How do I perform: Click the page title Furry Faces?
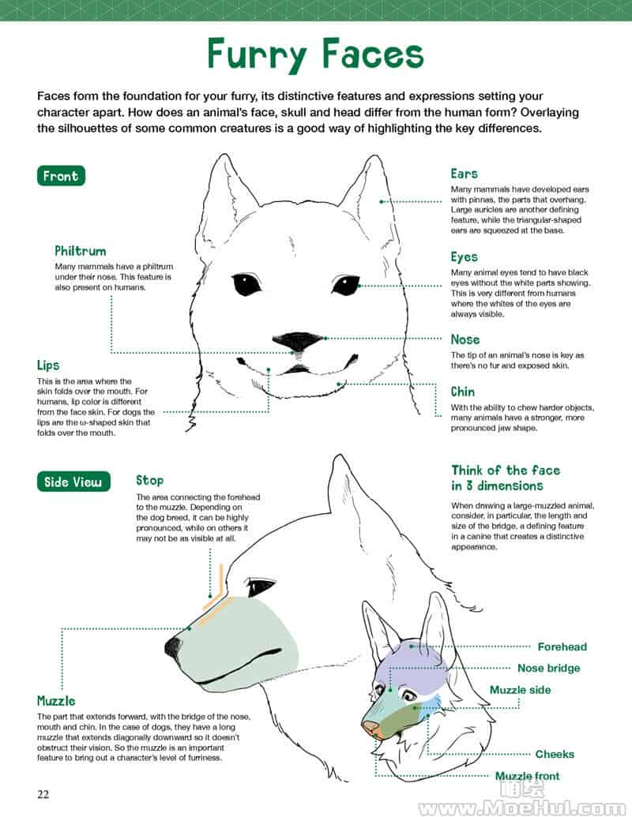(x=315, y=54)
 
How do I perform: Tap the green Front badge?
(x=61, y=176)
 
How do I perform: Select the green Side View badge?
(x=73, y=482)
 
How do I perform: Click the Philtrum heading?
(x=81, y=250)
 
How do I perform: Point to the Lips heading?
(x=48, y=365)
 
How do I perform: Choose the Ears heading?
(x=464, y=174)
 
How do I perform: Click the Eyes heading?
(x=464, y=257)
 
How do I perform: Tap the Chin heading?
(x=462, y=392)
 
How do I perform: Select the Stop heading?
(x=149, y=481)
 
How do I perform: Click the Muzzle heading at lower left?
(x=56, y=701)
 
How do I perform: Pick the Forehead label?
(x=562, y=646)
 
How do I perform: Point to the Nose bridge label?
(x=548, y=668)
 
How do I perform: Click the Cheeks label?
(x=555, y=754)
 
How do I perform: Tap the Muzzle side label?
(x=520, y=690)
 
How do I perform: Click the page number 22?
(x=43, y=794)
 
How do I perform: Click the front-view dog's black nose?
(x=298, y=341)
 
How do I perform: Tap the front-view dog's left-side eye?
(x=246, y=284)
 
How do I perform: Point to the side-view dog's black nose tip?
(x=173, y=646)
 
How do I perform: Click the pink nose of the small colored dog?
(x=371, y=727)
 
